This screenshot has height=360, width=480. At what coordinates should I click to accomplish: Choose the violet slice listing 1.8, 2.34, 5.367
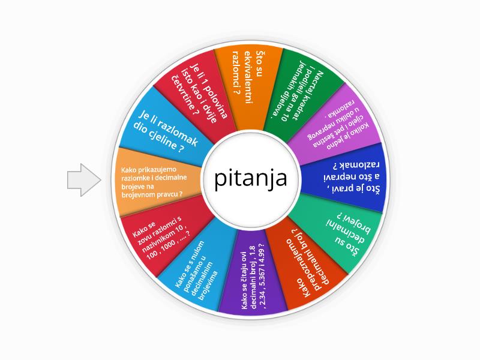[255, 279]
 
